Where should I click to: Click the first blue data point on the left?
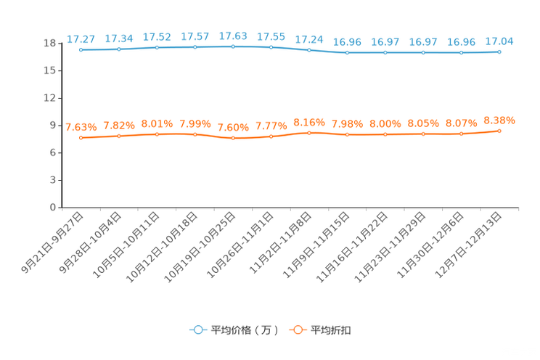81,50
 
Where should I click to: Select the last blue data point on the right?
499,52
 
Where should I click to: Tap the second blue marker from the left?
119,49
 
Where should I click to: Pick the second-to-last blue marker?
461,52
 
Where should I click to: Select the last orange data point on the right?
499,131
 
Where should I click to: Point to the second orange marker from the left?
119,136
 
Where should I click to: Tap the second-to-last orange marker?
461,134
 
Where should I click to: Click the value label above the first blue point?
81,38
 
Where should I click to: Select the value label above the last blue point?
499,41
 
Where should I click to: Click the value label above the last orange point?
499,120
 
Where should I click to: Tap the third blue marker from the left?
157,47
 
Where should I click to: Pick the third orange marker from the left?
157,134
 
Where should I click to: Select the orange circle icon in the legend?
298,330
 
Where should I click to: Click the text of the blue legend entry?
245,330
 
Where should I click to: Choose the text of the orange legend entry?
332,330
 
